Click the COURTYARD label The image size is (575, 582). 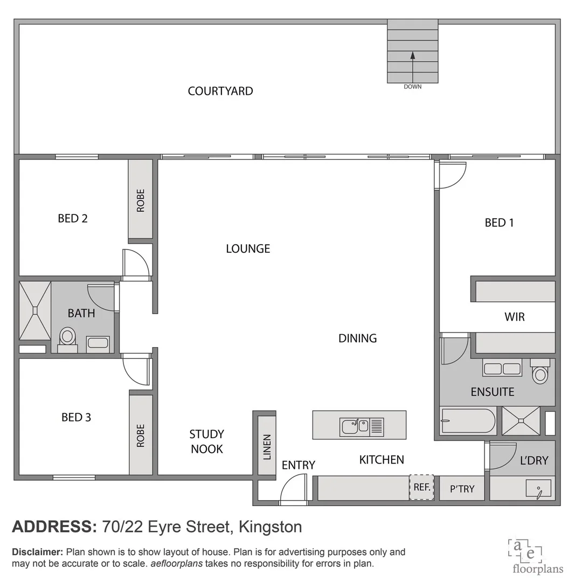(x=220, y=91)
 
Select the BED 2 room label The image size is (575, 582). (x=73, y=218)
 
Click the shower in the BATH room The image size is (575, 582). (x=35, y=310)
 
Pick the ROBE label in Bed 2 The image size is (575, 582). (x=141, y=200)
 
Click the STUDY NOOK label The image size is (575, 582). (x=206, y=441)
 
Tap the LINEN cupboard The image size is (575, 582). (x=267, y=446)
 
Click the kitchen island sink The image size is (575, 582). (x=354, y=426)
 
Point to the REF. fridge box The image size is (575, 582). (x=421, y=487)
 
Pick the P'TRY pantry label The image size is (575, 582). (x=462, y=489)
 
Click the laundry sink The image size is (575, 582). (x=538, y=488)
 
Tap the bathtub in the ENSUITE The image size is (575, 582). (x=467, y=421)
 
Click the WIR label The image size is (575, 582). (x=514, y=317)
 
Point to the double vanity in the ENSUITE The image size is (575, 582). (x=502, y=369)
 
